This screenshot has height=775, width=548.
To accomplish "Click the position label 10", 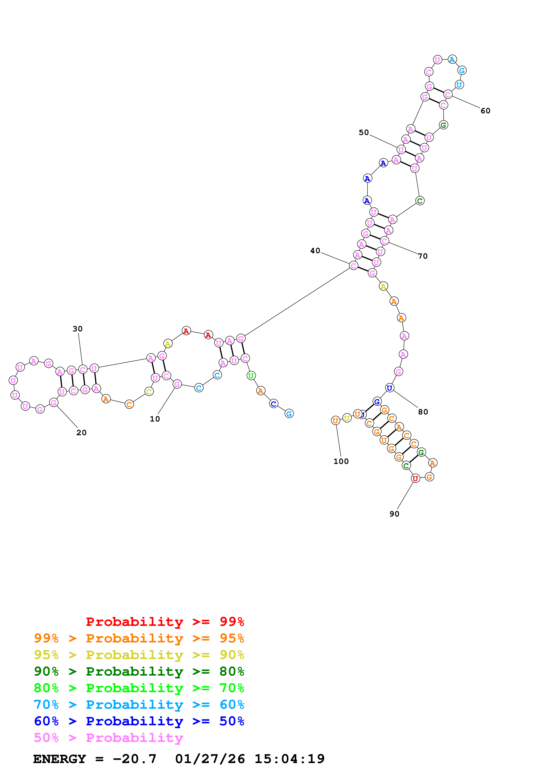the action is [155, 419].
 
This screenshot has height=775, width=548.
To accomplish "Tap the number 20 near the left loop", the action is [81, 433].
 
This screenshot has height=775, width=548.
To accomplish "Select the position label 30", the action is [77, 329].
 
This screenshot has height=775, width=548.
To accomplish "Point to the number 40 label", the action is [315, 251].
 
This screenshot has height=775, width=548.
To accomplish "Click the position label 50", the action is [364, 132].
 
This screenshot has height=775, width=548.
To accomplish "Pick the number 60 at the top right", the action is [485, 111].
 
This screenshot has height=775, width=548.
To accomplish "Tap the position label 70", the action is [423, 256].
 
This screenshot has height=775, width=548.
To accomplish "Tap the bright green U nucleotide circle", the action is [251, 376].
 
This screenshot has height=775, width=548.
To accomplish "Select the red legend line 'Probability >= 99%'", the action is [165, 622].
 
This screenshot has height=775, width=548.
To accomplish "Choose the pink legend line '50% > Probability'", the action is [108, 738].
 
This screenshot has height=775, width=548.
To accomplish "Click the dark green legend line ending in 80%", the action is [139, 671].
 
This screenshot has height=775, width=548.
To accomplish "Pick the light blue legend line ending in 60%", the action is [139, 705].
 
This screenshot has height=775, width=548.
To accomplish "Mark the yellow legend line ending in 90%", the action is [139, 655].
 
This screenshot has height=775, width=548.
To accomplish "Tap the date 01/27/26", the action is [210, 759].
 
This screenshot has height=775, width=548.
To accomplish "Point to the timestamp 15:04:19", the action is [289, 759].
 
